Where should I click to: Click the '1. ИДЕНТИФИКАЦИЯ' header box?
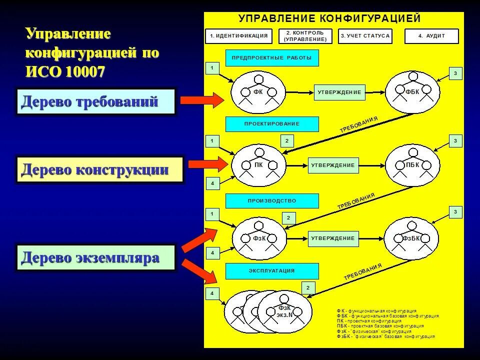239,36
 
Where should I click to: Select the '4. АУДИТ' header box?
431,36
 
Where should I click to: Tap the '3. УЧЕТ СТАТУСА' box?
365,36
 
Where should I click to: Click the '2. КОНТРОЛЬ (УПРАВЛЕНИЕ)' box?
305,36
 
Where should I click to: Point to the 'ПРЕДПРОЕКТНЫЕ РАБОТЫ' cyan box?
272,58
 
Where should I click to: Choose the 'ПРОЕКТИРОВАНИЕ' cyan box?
272,124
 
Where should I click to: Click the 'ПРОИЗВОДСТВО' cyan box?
272,201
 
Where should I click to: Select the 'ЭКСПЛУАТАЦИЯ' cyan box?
272,271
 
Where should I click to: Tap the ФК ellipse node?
258,92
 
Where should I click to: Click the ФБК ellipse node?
412,92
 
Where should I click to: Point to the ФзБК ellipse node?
411,238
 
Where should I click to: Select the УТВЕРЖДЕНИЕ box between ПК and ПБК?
332,165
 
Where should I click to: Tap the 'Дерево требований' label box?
96,102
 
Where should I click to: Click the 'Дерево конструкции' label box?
99,170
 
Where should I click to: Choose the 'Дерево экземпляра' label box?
96,257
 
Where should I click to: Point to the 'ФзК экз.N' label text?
284,311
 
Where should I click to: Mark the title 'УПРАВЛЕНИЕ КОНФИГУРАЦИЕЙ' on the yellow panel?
329,19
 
